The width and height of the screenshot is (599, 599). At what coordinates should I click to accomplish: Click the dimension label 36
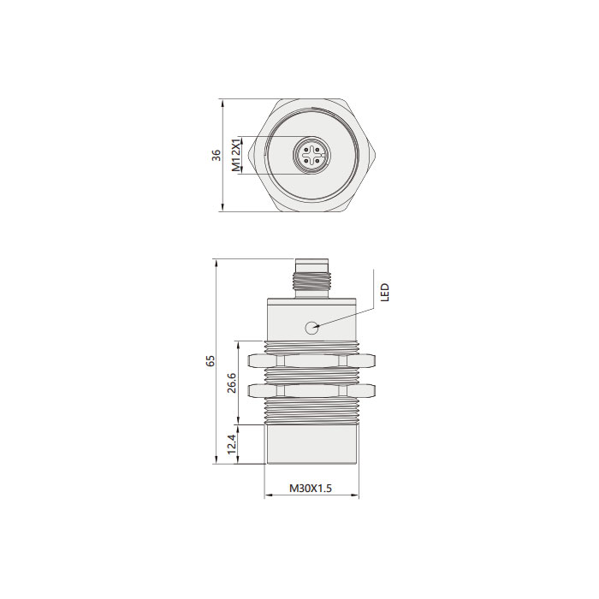[x=216, y=155]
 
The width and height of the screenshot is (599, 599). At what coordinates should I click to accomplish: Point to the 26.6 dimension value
[x=230, y=383]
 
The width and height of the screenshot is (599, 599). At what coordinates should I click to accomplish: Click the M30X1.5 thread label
[x=310, y=488]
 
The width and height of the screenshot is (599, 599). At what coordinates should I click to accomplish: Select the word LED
[x=385, y=293]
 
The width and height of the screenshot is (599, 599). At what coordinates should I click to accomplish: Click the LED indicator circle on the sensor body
[x=312, y=326]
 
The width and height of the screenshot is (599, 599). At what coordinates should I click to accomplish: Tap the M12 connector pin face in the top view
[x=311, y=155]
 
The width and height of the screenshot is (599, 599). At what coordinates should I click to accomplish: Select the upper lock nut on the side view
[x=311, y=359]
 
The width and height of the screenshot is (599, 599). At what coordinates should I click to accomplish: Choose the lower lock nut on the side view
[x=311, y=391]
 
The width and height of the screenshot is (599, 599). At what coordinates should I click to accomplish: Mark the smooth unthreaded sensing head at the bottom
[x=311, y=445]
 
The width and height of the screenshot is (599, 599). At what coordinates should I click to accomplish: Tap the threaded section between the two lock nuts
[x=311, y=375]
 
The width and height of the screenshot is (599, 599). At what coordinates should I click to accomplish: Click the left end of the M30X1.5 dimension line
[x=266, y=496]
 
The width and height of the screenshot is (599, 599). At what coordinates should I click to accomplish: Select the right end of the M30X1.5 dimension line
[x=359, y=496]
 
